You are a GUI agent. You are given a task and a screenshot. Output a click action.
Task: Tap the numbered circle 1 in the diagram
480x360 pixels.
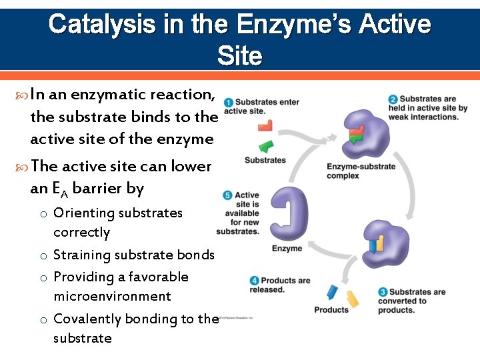[229, 103]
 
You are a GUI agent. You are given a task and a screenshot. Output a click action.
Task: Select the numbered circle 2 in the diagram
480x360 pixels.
[393, 99]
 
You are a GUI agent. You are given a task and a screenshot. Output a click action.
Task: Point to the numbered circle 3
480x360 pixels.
[383, 292]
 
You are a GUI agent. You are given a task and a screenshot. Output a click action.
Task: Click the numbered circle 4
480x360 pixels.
[254, 281]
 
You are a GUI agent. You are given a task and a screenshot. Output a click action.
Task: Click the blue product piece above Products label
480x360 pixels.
[331, 292]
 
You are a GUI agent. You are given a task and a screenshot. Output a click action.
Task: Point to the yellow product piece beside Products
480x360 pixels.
[352, 299]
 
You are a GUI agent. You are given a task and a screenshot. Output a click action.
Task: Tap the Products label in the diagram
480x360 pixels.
[331, 309]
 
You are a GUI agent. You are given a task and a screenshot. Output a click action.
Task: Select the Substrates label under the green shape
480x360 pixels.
[265, 160]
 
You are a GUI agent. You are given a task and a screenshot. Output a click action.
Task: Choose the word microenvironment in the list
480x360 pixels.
[112, 296]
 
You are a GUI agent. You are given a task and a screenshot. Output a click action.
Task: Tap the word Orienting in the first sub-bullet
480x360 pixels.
[82, 213]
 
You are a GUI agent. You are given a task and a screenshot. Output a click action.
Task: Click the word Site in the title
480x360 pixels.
[239, 56]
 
